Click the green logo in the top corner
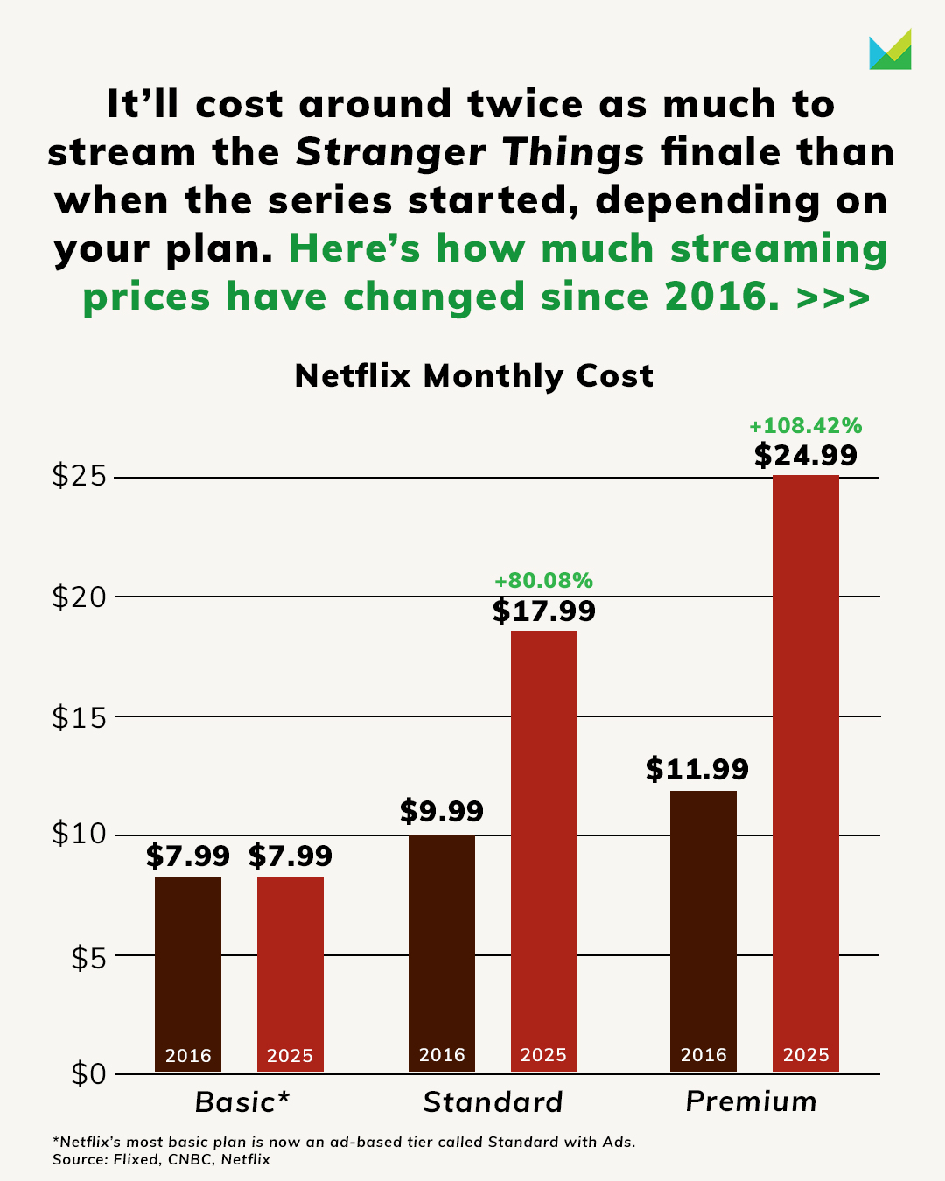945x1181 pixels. point(890,51)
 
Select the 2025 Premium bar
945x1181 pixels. point(805,770)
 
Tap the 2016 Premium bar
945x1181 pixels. point(703,927)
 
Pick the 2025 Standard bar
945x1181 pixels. point(543,849)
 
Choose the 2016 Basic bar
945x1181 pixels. point(188,971)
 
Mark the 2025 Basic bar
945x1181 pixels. point(290,971)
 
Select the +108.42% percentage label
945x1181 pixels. point(805,426)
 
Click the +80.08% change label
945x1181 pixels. point(543,581)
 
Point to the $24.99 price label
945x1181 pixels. point(805,456)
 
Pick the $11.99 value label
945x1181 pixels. point(697,770)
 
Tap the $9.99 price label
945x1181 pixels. point(442,812)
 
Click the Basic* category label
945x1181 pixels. point(242,1102)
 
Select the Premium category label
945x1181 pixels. point(751,1101)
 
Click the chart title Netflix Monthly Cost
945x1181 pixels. point(473,376)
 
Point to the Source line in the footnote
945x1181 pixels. point(161,1160)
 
